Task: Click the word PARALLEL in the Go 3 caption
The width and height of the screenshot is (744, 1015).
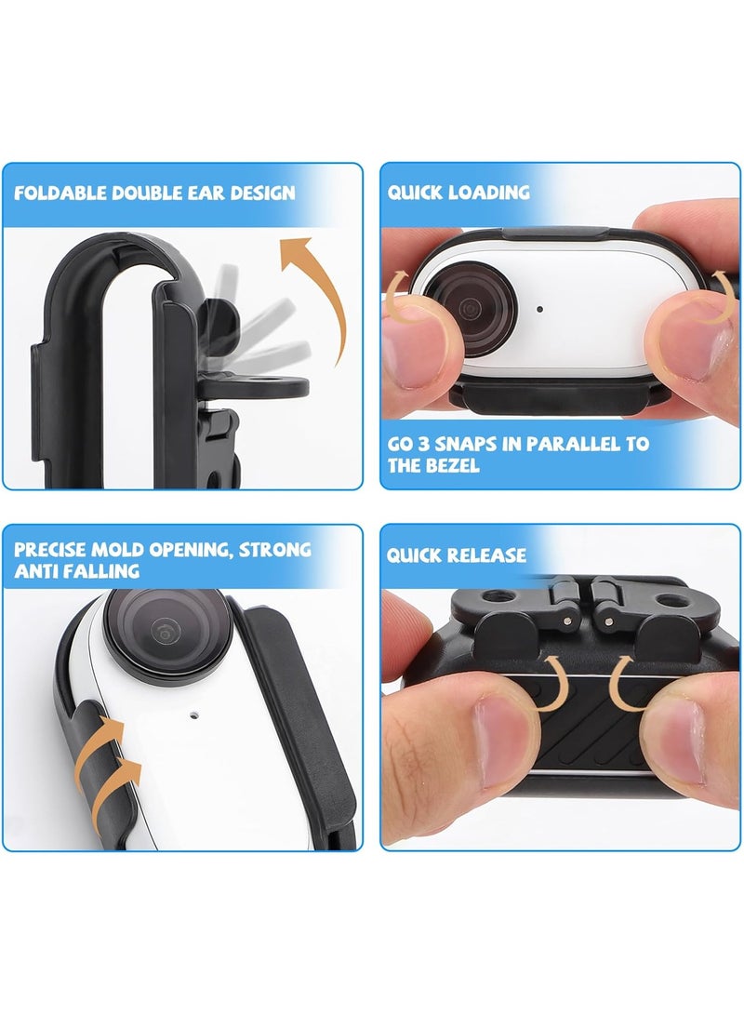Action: point(574,444)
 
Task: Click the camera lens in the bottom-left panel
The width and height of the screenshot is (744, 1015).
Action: point(167,633)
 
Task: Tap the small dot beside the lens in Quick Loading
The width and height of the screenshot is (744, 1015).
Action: point(539,310)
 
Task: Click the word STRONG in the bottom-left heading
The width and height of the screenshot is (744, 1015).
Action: point(275,549)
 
